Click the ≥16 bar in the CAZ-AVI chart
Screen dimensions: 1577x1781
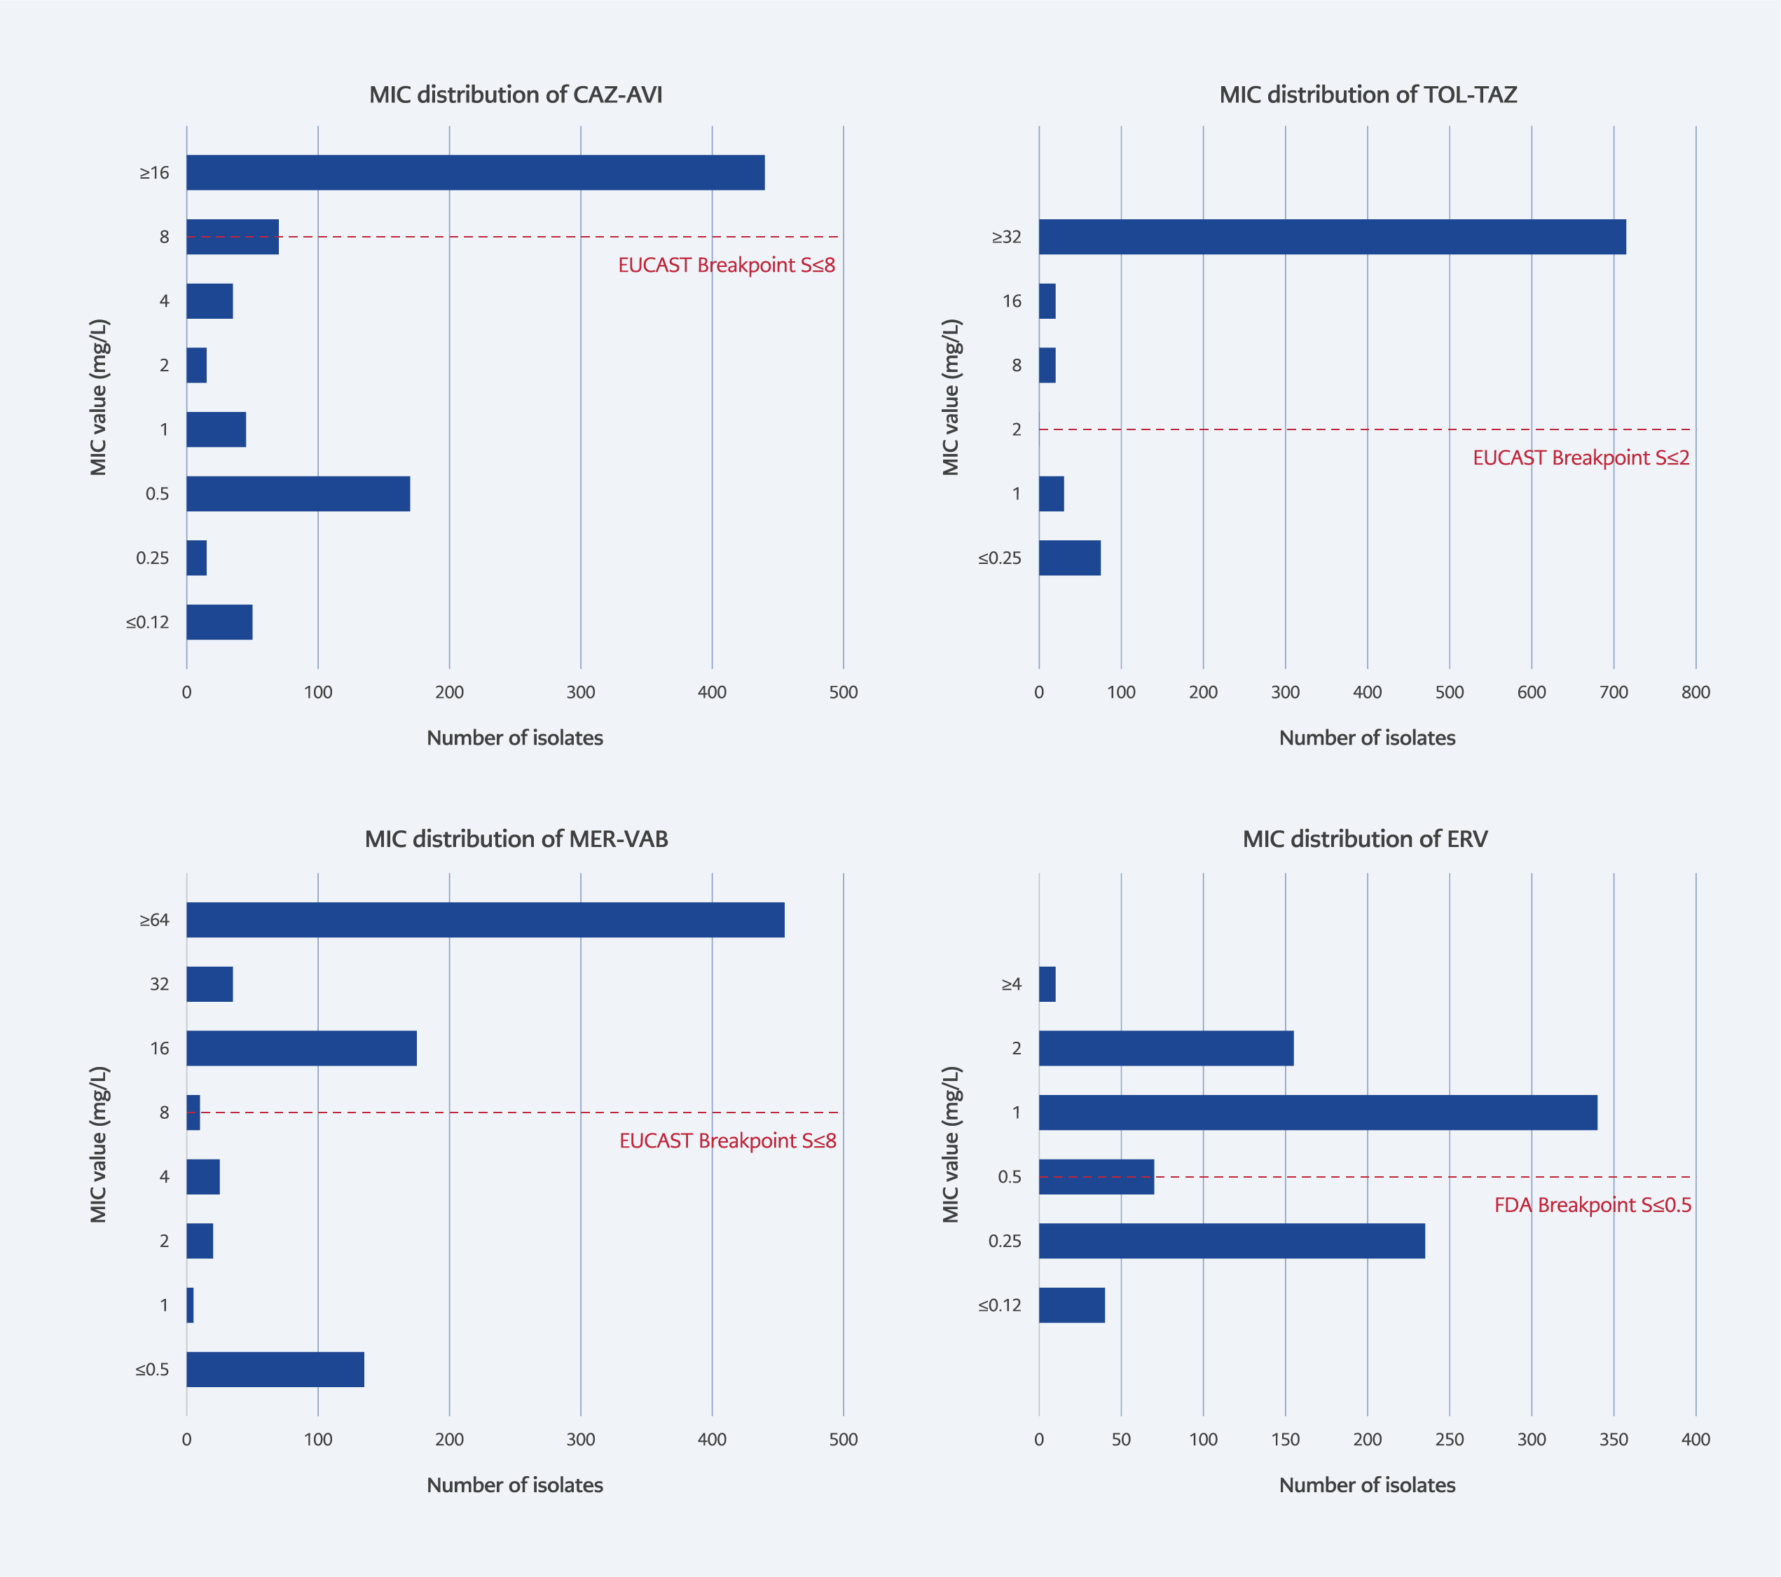click(475, 172)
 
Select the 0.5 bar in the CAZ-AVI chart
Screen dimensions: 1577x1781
click(298, 494)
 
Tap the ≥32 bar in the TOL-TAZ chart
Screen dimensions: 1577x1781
click(1331, 237)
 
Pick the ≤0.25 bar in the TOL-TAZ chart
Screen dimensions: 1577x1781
click(1069, 558)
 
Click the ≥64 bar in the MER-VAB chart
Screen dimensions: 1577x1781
click(486, 920)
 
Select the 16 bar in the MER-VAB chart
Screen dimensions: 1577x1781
click(301, 1048)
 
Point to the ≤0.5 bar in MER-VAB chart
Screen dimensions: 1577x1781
click(275, 1370)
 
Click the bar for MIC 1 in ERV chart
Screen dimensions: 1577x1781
click(1317, 1113)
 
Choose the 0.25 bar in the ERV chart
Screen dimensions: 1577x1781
click(1231, 1241)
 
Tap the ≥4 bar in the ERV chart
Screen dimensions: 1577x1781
click(1047, 984)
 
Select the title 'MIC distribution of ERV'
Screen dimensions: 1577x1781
click(1365, 839)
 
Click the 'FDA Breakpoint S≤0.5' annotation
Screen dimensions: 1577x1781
click(1592, 1205)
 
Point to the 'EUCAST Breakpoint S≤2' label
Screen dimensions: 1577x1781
click(1581, 458)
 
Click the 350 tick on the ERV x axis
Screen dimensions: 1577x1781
click(1613, 1440)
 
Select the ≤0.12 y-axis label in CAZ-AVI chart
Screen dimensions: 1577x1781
click(147, 622)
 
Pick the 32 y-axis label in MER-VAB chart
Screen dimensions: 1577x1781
click(160, 984)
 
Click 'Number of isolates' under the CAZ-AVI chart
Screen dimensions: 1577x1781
click(514, 738)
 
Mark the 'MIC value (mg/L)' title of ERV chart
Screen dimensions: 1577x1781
click(951, 1144)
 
